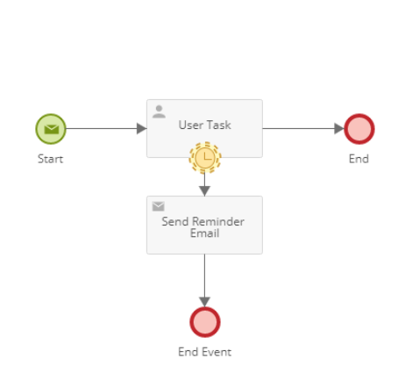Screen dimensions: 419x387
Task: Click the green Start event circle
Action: pyautogui.click(x=51, y=129)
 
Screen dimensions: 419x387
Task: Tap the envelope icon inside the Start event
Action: pyautogui.click(x=52, y=129)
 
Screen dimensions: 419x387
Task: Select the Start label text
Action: pyautogui.click(x=50, y=159)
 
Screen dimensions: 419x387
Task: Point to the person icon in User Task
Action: pyautogui.click(x=159, y=111)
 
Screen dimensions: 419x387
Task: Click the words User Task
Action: pyautogui.click(x=204, y=125)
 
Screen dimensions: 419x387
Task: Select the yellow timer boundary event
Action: pyautogui.click(x=205, y=158)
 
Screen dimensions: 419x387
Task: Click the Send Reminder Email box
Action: pyautogui.click(x=204, y=225)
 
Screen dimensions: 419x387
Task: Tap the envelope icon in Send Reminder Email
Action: pyautogui.click(x=159, y=206)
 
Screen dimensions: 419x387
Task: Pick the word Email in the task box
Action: pyautogui.click(x=204, y=233)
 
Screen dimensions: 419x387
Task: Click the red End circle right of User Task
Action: pyautogui.click(x=359, y=129)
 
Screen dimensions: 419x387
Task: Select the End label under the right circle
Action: pyautogui.click(x=359, y=159)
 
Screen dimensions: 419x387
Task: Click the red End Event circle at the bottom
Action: pyautogui.click(x=205, y=322)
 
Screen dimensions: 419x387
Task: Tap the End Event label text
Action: pyautogui.click(x=204, y=352)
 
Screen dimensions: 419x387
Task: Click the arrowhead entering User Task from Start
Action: pyautogui.click(x=142, y=128)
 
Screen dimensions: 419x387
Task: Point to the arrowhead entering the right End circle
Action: pyautogui.click(x=339, y=128)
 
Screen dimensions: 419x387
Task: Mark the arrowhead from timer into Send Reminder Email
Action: pyautogui.click(x=204, y=191)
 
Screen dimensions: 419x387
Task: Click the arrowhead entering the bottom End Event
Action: pyautogui.click(x=204, y=302)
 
